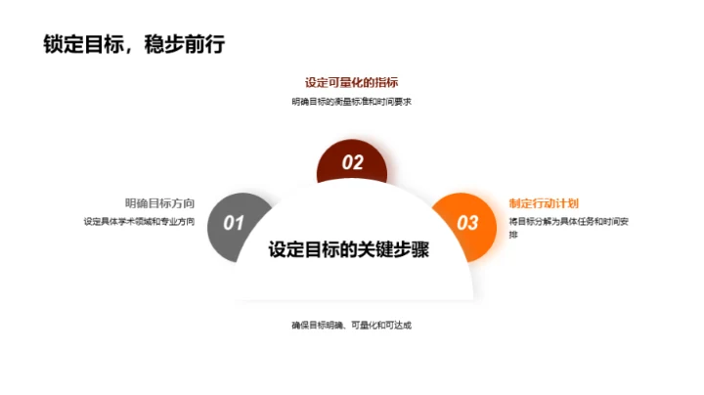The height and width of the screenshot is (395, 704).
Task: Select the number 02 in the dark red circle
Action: (352, 163)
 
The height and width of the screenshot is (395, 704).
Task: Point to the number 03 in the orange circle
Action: (467, 223)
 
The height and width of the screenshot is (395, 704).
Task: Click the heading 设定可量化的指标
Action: (351, 82)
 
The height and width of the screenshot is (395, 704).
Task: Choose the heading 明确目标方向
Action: (159, 203)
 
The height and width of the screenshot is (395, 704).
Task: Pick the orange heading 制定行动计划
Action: (544, 203)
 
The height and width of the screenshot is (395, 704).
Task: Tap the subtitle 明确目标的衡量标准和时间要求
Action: (351, 102)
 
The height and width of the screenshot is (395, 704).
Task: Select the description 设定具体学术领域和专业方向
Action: (139, 222)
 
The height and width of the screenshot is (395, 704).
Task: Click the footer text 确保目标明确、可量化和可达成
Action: (351, 325)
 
